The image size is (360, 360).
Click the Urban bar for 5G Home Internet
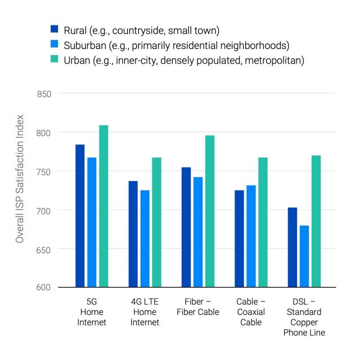[x=103, y=206]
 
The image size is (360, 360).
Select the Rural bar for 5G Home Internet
[x=80, y=216]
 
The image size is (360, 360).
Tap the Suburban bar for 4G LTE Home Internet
[x=145, y=238]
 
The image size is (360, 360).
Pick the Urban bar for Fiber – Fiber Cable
[x=210, y=211]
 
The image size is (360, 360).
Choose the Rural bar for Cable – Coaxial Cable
[x=239, y=238]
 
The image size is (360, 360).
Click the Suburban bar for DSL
[x=304, y=256]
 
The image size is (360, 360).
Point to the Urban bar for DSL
[x=316, y=221]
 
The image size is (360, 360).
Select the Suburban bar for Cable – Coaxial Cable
[x=251, y=236]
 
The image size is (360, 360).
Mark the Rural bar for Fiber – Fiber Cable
[x=186, y=227]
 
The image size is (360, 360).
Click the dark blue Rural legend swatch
[x=55, y=29]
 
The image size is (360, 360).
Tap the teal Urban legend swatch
[x=55, y=58]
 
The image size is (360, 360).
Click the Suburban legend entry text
[x=176, y=46]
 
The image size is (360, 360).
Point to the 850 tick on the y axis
[x=44, y=94]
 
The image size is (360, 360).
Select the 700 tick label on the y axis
[x=44, y=210]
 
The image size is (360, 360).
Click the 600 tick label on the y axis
[x=44, y=287]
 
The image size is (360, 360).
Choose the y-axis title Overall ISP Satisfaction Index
[x=20, y=179]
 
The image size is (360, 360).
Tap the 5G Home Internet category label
[x=92, y=312]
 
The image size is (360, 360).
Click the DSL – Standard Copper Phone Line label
[x=304, y=317]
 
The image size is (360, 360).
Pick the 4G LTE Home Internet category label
[x=145, y=312]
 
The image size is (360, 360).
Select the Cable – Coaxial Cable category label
[x=251, y=312]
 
